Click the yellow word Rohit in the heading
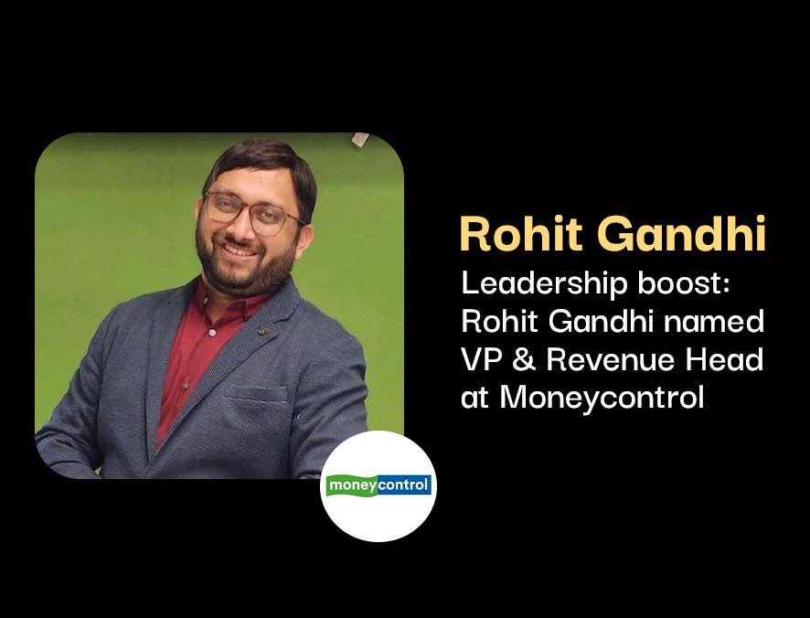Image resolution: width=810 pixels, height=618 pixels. coord(521,233)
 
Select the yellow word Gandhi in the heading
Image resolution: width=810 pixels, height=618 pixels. coord(681,233)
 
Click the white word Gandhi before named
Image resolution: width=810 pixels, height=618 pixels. coord(602,322)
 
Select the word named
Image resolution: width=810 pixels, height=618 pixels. coord(713,322)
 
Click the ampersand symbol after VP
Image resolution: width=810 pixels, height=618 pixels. coord(525,359)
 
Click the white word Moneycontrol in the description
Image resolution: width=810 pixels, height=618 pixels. coord(602,399)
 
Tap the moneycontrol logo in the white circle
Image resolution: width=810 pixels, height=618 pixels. coord(379,485)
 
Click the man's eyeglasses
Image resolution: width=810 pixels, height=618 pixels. coord(252,212)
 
